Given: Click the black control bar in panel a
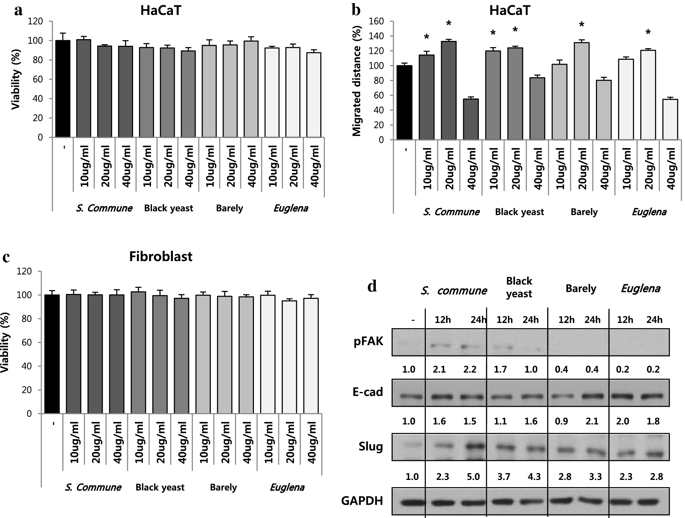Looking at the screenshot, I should [63, 89].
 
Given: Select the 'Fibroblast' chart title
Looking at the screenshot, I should [161, 257].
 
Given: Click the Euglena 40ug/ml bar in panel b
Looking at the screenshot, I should [670, 120].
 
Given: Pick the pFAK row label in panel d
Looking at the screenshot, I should [368, 341].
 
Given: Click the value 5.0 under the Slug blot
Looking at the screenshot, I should [473, 477].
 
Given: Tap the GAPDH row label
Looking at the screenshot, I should [362, 501].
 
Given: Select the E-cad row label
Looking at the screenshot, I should [367, 392].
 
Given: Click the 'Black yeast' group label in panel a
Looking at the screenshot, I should [168, 208].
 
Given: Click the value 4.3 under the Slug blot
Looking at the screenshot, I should [534, 477].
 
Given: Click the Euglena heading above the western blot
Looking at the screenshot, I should [641, 288].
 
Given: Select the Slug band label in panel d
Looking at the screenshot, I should [371, 447].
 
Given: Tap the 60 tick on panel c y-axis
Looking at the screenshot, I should [27, 343].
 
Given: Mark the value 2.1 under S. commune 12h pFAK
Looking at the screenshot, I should [439, 369].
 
